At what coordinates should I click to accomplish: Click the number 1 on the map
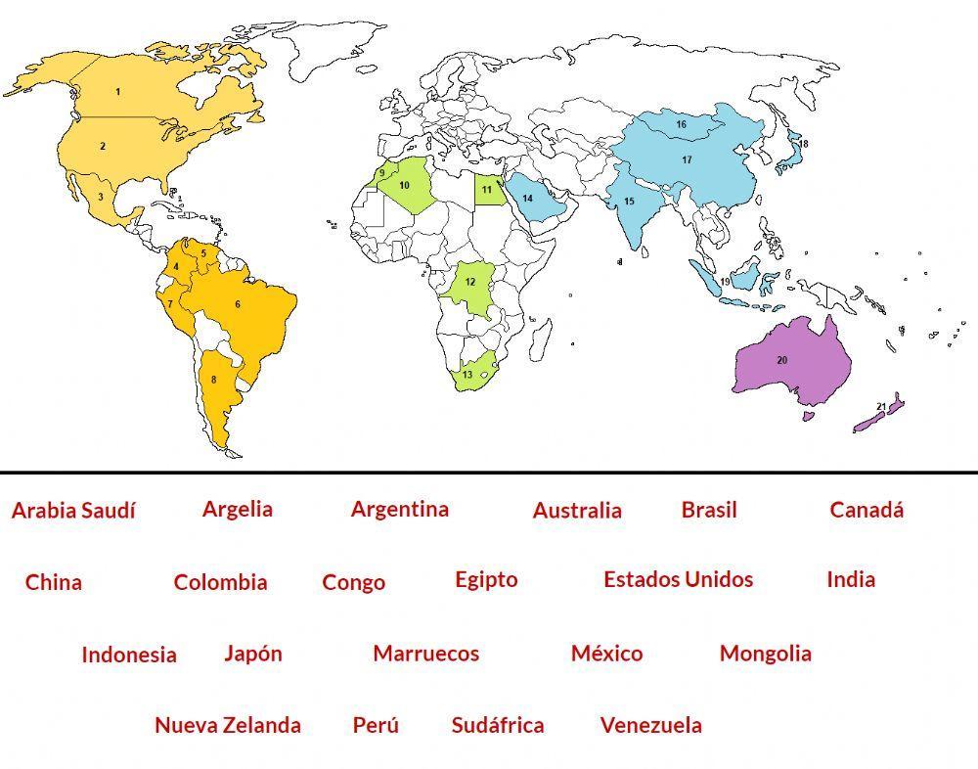(117, 92)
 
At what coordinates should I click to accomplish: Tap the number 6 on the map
(237, 304)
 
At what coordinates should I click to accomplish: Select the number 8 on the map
(213, 381)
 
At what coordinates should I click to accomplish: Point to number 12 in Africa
(469, 283)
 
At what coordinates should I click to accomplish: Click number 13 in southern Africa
(467, 376)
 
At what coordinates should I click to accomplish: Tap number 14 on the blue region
(527, 199)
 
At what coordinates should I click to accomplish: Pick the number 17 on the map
(687, 160)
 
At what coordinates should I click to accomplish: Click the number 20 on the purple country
(781, 361)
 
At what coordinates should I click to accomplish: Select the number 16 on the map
(681, 125)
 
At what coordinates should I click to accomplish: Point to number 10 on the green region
(404, 185)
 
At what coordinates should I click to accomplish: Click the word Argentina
(399, 509)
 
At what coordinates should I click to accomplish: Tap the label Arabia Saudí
(73, 511)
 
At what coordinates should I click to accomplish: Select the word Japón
(252, 654)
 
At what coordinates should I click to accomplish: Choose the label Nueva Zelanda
(227, 726)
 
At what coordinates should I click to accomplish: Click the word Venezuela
(650, 726)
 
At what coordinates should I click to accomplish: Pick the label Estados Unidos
(678, 579)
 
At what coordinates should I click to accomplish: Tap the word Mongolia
(765, 654)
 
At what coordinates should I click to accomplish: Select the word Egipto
(486, 579)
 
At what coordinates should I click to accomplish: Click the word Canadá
(867, 510)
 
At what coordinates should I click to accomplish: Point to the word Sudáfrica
(497, 726)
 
